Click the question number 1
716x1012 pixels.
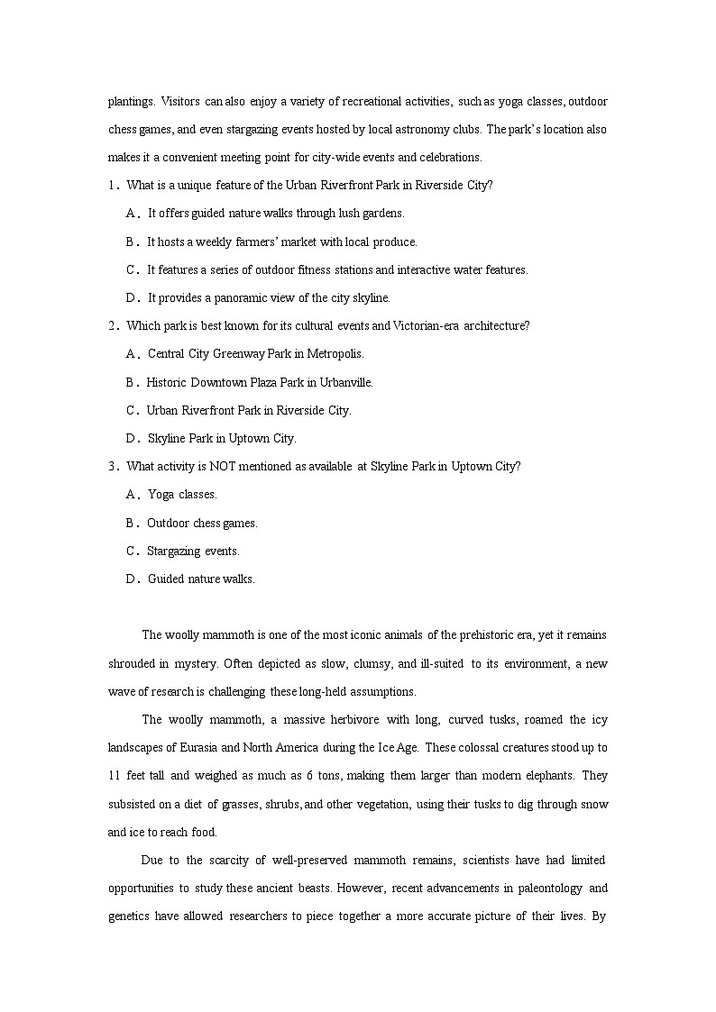pyautogui.click(x=112, y=186)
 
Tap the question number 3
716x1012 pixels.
pyautogui.click(x=112, y=467)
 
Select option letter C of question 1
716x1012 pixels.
pyautogui.click(x=132, y=270)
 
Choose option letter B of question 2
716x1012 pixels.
pyautogui.click(x=132, y=383)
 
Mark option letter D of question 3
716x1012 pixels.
pyautogui.click(x=132, y=579)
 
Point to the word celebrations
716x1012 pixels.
pyautogui.click(x=454, y=158)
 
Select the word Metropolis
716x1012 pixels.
pyautogui.click(x=335, y=354)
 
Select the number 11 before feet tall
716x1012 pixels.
pyautogui.click(x=114, y=776)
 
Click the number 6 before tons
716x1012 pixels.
pyautogui.click(x=309, y=776)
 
